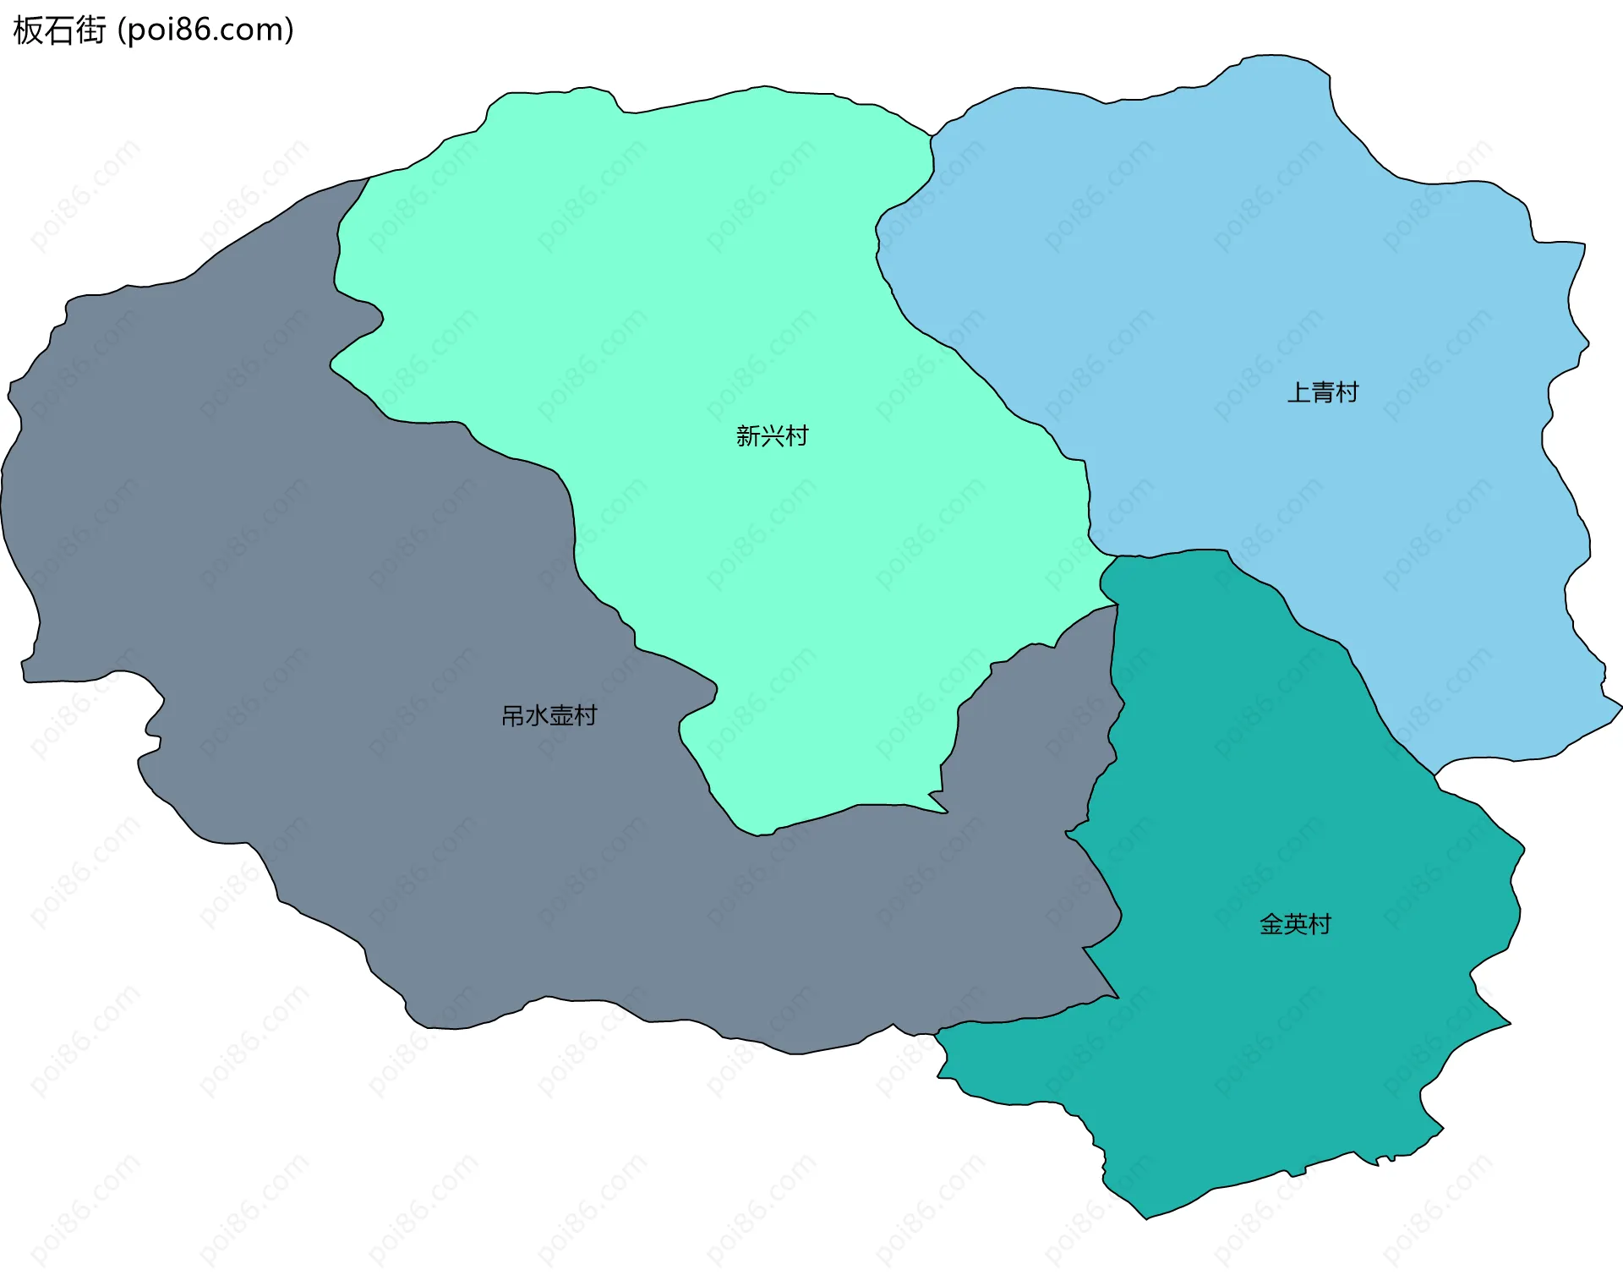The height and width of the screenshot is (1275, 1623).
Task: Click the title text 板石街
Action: click(x=59, y=30)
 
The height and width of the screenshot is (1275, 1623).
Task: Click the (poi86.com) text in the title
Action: click(x=205, y=30)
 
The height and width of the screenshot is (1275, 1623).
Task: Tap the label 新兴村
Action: click(x=772, y=435)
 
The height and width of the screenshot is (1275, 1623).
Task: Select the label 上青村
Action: click(x=1322, y=392)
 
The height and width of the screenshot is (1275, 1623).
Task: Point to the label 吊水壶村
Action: click(x=549, y=716)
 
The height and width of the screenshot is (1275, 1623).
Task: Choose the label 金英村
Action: click(x=1295, y=924)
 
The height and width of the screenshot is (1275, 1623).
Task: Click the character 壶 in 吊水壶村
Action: click(x=561, y=716)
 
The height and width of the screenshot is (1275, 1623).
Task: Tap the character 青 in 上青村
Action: click(x=1323, y=392)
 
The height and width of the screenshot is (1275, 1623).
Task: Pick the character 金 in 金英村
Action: click(x=1271, y=924)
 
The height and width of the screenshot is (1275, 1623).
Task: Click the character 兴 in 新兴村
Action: click(x=772, y=435)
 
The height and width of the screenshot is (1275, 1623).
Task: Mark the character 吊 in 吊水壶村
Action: click(x=513, y=716)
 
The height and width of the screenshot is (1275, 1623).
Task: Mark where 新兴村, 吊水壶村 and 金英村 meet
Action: click(x=1118, y=605)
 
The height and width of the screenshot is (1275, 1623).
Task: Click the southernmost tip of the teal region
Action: click(x=1146, y=1218)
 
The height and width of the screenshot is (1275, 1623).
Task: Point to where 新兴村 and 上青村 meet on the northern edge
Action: click(x=932, y=136)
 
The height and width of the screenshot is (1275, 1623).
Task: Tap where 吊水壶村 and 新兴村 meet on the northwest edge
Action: click(x=369, y=178)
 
